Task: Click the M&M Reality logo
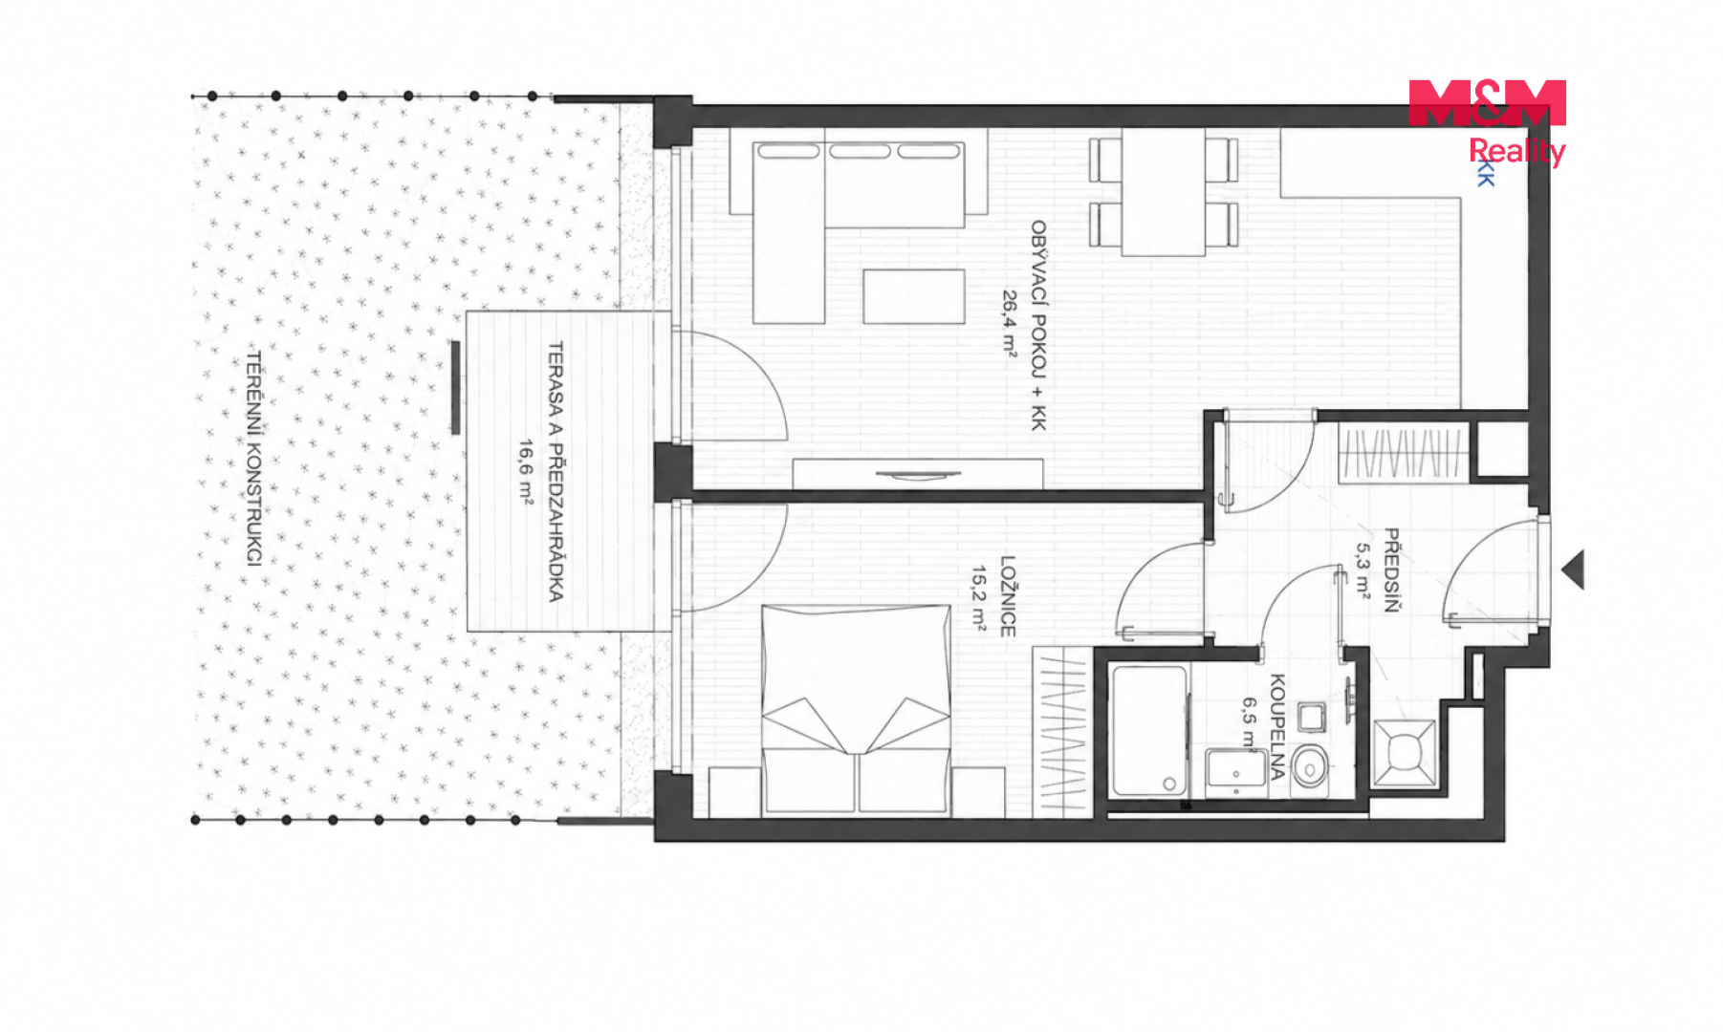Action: click(1487, 121)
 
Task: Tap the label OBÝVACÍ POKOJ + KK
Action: click(1038, 326)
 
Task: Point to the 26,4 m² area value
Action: click(1010, 323)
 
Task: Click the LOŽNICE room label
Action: click(1007, 596)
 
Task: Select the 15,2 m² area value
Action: click(979, 598)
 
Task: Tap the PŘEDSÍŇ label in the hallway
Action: click(1391, 570)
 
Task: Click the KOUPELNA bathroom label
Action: click(1277, 726)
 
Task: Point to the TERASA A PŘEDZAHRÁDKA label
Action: click(555, 471)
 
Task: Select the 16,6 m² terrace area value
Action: click(526, 470)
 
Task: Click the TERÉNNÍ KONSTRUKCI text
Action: click(253, 458)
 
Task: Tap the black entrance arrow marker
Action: click(1573, 570)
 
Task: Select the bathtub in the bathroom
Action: click(1149, 731)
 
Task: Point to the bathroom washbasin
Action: click(1236, 773)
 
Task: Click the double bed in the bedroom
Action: click(856, 710)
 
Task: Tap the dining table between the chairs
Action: click(1163, 192)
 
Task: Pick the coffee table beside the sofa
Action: click(913, 296)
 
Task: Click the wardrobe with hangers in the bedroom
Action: click(1062, 732)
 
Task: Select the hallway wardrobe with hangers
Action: click(1403, 453)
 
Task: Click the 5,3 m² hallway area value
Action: click(1363, 571)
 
